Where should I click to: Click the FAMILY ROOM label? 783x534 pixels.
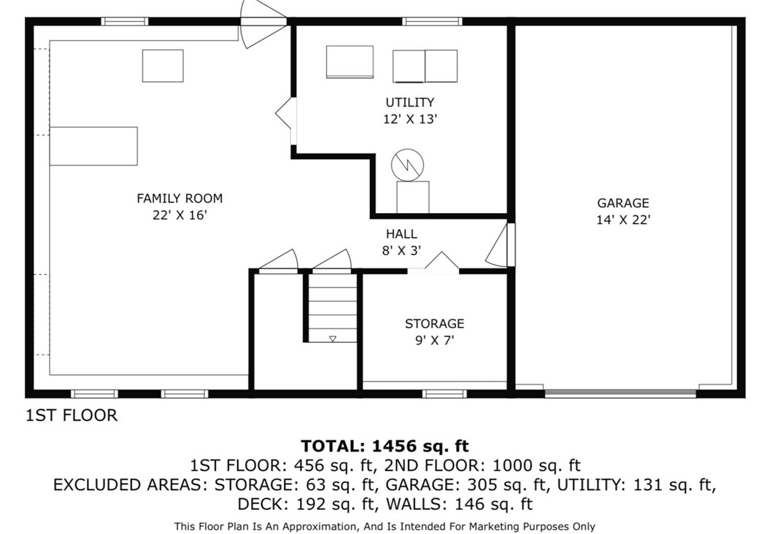click(x=180, y=198)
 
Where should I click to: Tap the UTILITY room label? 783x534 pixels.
click(x=409, y=103)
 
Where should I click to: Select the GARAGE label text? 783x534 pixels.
click(x=622, y=204)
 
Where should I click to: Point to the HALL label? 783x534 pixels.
click(x=401, y=234)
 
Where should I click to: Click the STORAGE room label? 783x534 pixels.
click(x=434, y=324)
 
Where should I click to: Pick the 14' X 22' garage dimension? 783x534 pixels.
click(x=622, y=220)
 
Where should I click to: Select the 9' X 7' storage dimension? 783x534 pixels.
click(x=434, y=340)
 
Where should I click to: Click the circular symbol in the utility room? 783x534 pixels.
click(x=406, y=166)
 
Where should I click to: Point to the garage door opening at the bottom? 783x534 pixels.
click(x=620, y=393)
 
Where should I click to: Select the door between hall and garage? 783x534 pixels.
click(x=501, y=246)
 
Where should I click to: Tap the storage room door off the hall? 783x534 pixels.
click(x=441, y=263)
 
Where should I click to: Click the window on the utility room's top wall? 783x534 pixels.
click(x=432, y=21)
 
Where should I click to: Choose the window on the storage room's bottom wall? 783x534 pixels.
click(x=444, y=394)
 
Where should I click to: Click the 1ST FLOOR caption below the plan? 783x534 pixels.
click(x=72, y=416)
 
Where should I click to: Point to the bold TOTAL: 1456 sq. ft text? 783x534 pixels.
click(x=385, y=446)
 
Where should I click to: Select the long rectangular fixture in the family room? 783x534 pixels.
click(x=93, y=146)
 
